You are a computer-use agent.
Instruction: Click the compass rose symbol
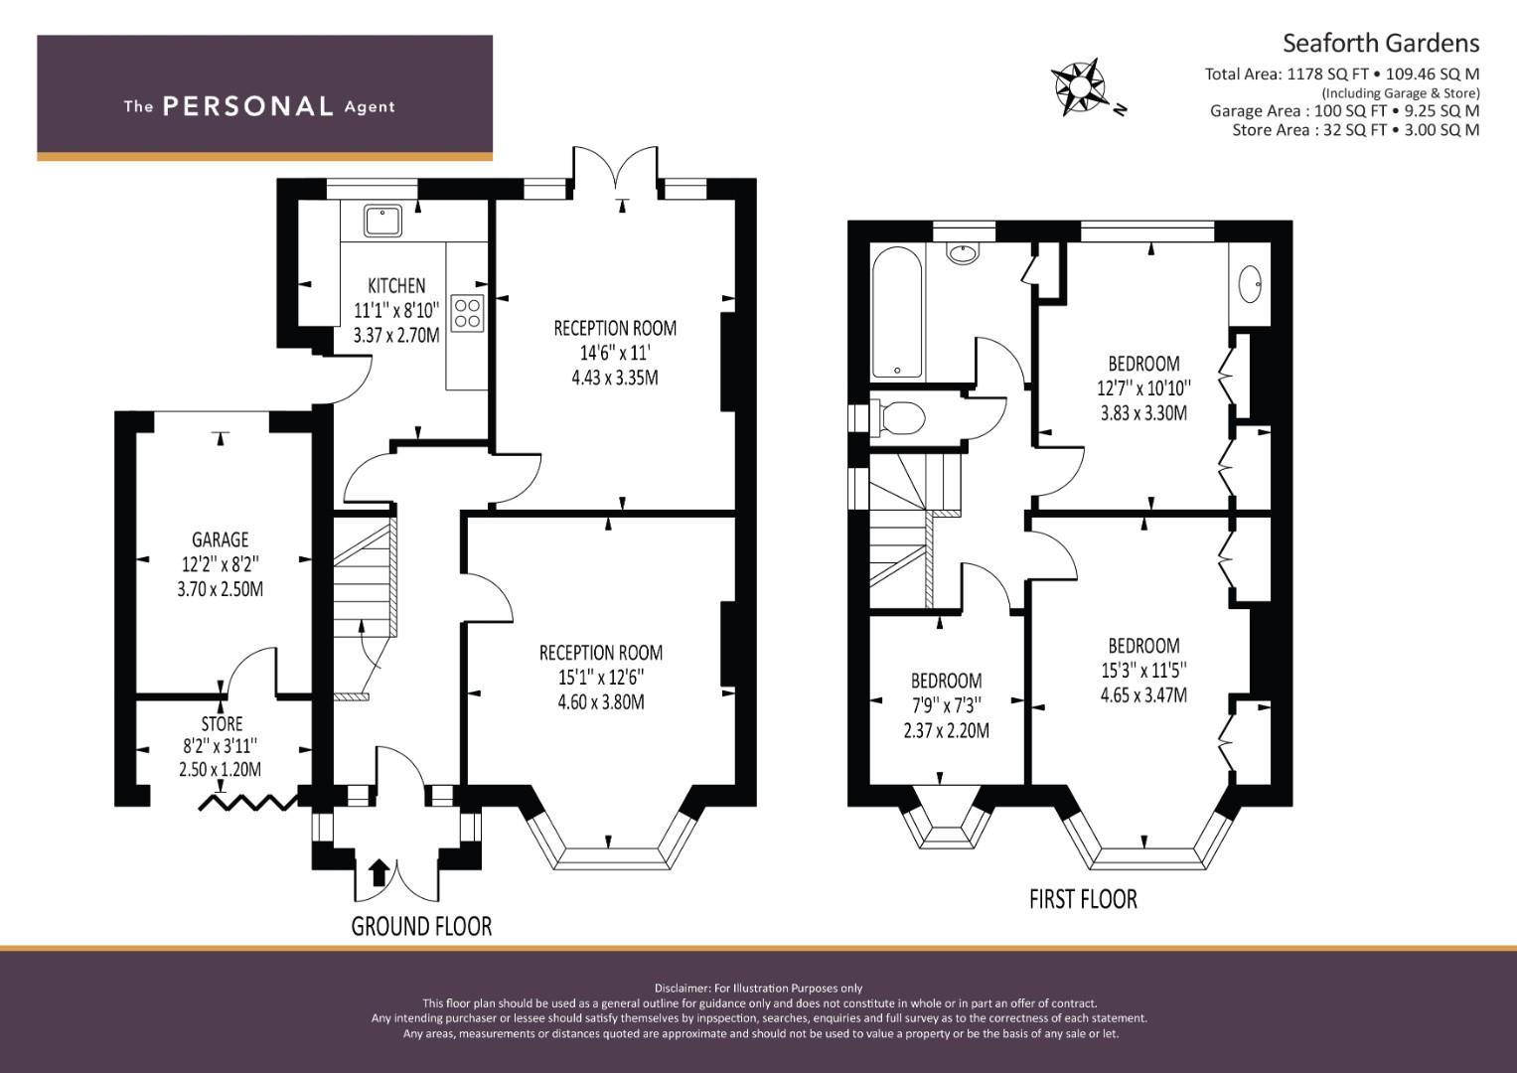click(x=1078, y=87)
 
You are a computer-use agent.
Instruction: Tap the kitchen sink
click(x=382, y=221)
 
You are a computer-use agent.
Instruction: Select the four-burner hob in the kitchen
click(x=467, y=313)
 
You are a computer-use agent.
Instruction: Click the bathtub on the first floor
click(x=897, y=311)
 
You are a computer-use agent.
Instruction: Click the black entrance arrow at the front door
click(x=379, y=872)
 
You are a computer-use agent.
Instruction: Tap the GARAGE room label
click(x=221, y=539)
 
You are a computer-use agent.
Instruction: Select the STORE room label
click(x=222, y=723)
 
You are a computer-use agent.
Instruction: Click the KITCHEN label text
click(x=396, y=285)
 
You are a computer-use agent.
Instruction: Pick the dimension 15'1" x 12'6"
click(x=601, y=677)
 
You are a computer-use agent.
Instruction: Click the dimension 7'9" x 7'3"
click(x=946, y=705)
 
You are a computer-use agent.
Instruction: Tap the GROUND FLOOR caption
click(x=421, y=926)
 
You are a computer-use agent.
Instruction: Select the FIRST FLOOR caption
click(x=1083, y=899)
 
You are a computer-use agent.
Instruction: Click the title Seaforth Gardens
click(x=1381, y=44)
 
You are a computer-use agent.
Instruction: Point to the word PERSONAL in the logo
click(x=248, y=106)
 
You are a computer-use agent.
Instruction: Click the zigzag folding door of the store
click(x=248, y=802)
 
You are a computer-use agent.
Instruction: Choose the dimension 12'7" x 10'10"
click(x=1143, y=388)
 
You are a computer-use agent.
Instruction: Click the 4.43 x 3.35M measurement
click(x=615, y=378)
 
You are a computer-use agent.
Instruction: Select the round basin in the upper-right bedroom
click(x=1250, y=284)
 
